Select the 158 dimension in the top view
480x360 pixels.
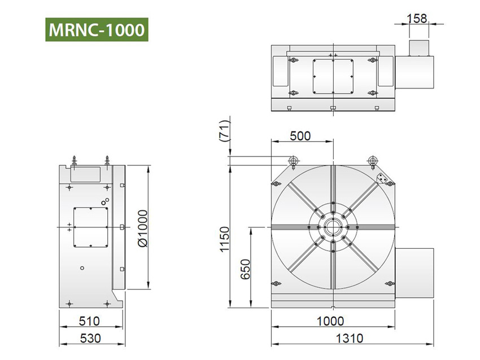[x=418, y=19]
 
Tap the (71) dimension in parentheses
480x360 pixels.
[x=225, y=134]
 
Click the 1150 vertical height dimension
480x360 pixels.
[x=225, y=240]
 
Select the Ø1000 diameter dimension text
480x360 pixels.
[x=142, y=227]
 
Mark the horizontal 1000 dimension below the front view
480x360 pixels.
[x=330, y=321]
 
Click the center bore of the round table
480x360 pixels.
[x=333, y=227]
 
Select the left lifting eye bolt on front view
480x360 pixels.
[x=294, y=161]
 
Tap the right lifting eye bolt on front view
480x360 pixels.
[x=372, y=161]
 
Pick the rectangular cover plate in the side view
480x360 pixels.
[x=90, y=227]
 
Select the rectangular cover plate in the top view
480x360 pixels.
[x=333, y=77]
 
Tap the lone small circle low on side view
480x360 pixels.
[x=82, y=267]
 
